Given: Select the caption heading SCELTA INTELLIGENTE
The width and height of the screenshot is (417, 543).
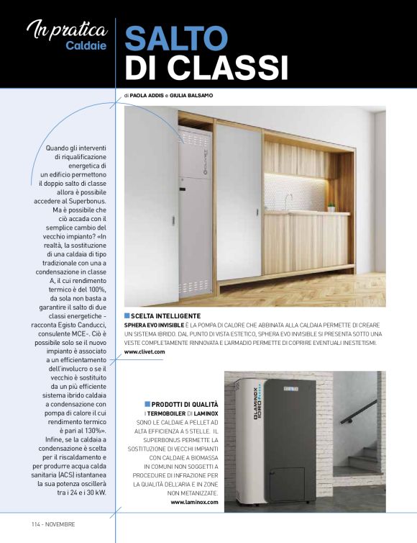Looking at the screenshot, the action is [166, 316].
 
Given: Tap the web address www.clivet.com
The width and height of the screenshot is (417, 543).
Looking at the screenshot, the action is [145, 351].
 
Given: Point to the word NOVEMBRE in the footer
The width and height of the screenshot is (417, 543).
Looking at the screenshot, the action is [60, 524].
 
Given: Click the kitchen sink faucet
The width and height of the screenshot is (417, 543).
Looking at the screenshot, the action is [287, 199].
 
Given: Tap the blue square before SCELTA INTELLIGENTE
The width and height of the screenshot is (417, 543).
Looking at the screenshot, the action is [127, 316].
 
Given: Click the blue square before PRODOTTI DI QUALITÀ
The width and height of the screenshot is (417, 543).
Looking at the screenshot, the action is [147, 403].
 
